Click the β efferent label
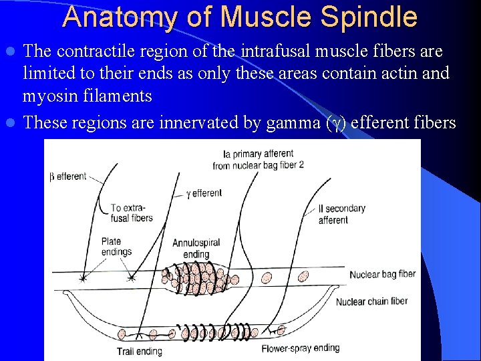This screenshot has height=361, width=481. [68, 176]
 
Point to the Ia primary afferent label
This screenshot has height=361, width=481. [258, 159]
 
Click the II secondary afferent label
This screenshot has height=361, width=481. [342, 214]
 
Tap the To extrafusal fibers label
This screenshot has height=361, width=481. [131, 213]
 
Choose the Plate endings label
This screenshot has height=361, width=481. [116, 247]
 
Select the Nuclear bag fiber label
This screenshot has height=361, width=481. [382, 274]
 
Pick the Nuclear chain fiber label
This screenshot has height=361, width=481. [371, 301]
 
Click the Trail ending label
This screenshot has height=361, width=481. [139, 352]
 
